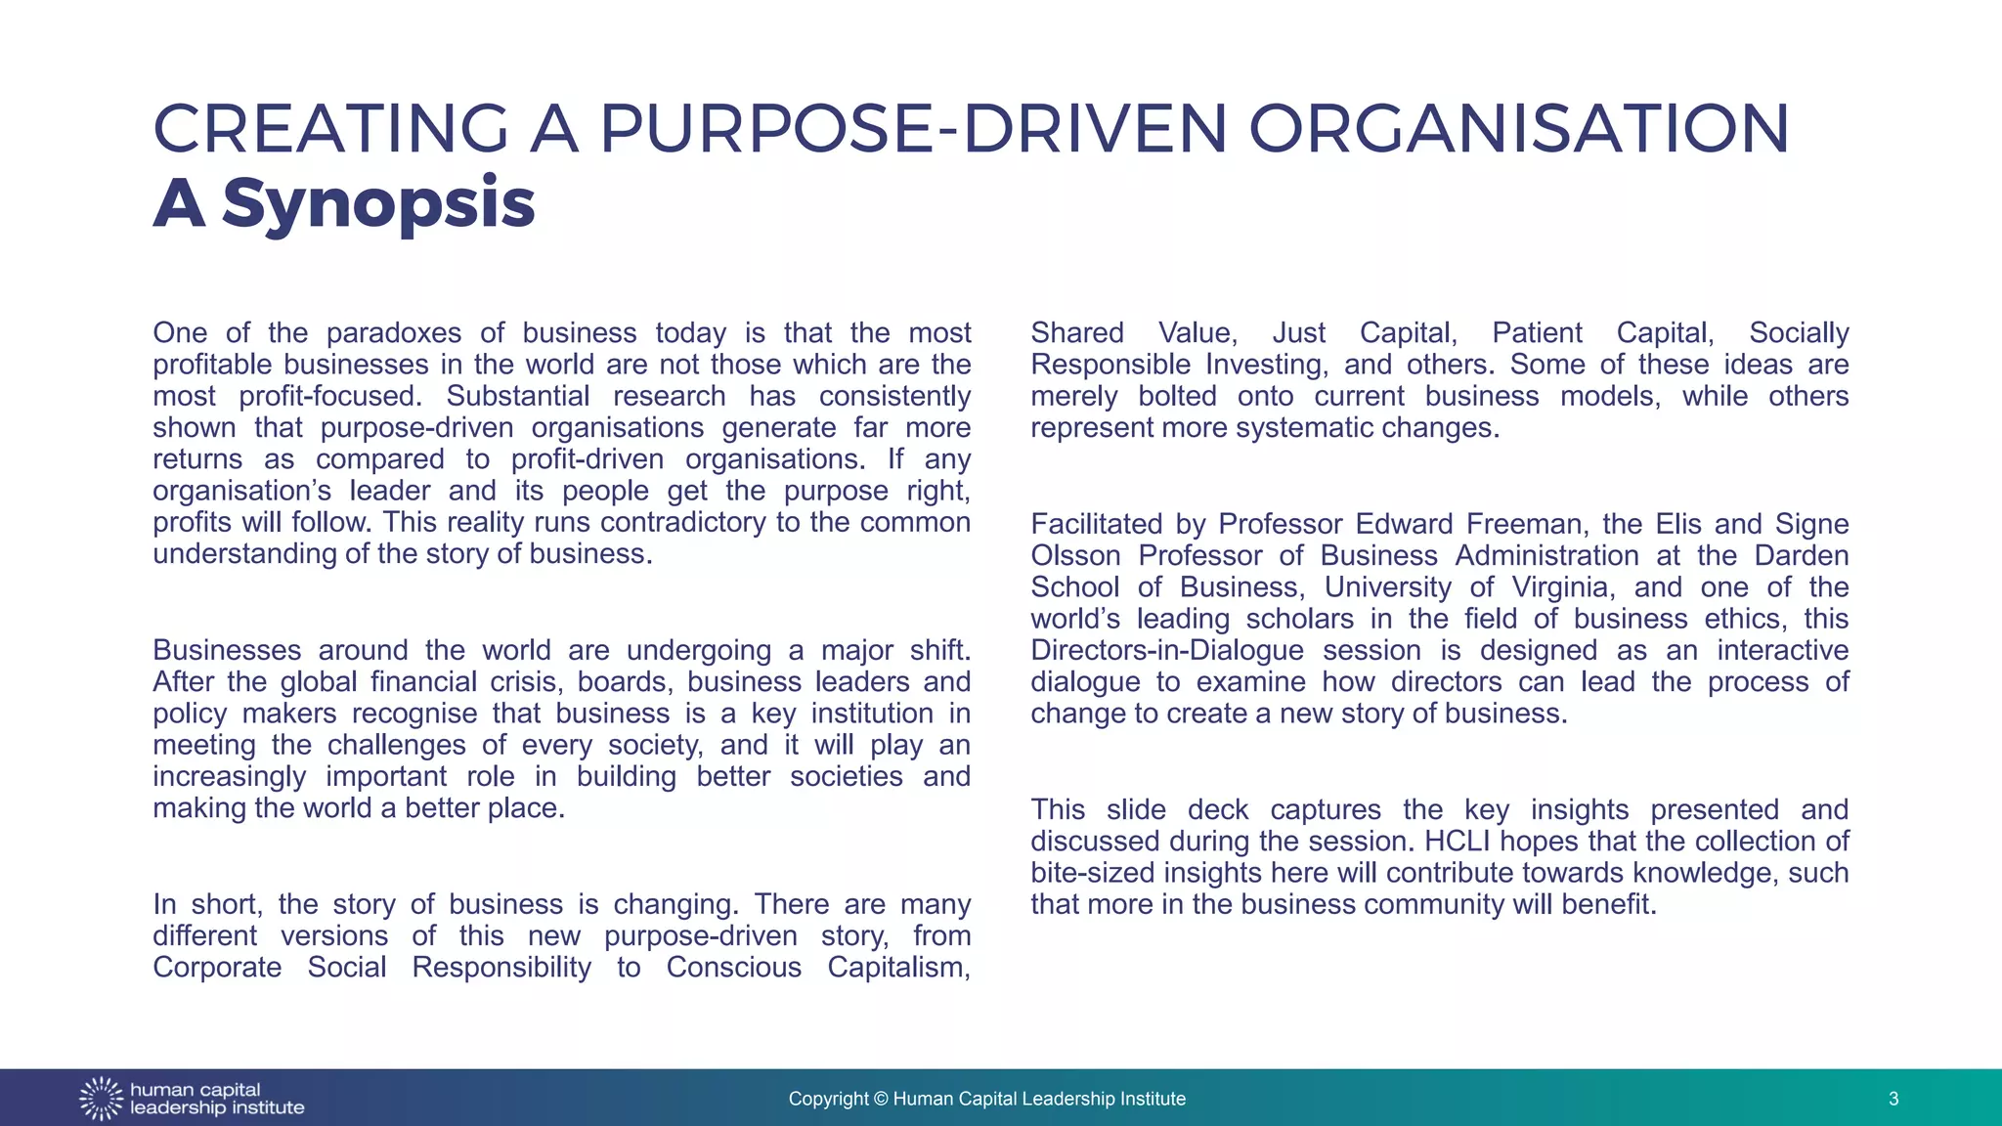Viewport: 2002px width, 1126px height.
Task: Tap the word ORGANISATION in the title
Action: pos(1518,129)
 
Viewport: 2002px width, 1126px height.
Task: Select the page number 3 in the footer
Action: pos(1893,1099)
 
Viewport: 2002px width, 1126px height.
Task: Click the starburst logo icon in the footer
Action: pos(101,1099)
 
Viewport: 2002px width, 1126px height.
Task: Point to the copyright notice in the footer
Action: pos(986,1099)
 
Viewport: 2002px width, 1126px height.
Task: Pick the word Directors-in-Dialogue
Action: pos(1166,651)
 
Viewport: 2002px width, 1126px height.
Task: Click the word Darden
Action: pos(1801,556)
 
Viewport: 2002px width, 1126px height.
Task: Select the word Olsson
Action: pos(1075,556)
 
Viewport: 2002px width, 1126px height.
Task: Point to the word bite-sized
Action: pos(1089,873)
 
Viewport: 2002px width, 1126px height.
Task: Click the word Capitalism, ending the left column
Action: pos(898,968)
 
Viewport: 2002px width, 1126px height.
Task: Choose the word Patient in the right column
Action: pos(1536,333)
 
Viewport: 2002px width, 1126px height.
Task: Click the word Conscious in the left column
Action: pos(732,968)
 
